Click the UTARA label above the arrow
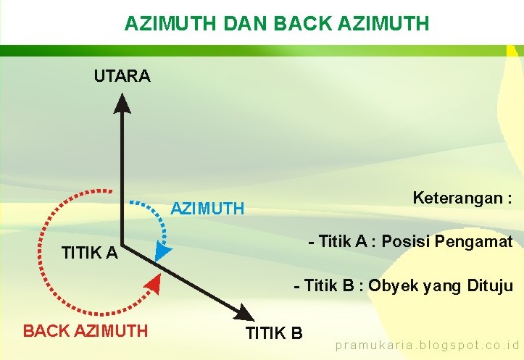click(122, 76)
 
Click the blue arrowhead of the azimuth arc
click(163, 252)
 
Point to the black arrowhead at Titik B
click(245, 312)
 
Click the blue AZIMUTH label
click(207, 209)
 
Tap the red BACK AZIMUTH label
click(86, 331)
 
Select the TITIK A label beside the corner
click(89, 253)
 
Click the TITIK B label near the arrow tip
click(274, 333)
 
